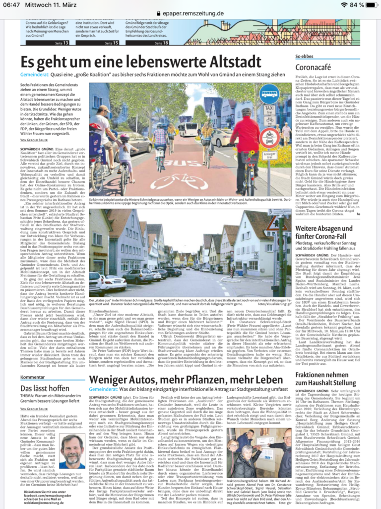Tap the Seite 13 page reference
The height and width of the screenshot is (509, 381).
click(62, 43)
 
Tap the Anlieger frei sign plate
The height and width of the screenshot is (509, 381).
click(269, 154)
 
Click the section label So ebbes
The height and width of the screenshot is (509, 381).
click(304, 57)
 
